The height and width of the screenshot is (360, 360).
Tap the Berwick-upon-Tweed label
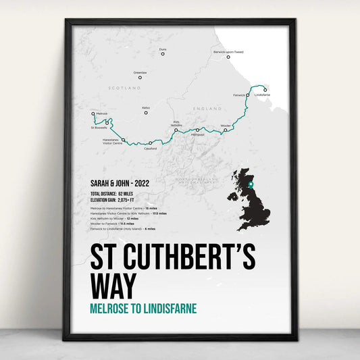(x=234, y=51)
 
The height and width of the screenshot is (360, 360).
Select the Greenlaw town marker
(x=140, y=77)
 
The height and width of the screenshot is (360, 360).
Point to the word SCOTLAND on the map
(x=128, y=88)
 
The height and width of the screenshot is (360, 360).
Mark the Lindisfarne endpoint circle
(x=265, y=90)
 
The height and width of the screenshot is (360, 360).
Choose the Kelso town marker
(x=146, y=113)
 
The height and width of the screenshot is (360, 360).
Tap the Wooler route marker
(x=226, y=130)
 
